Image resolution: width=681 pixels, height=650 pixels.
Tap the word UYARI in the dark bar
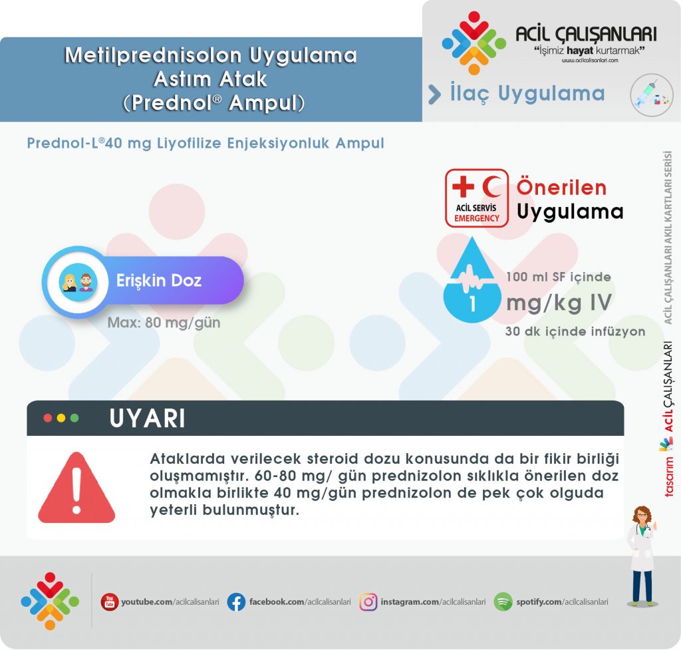147,418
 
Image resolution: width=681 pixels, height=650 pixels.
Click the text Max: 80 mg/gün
164,324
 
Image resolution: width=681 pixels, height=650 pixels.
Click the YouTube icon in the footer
109,602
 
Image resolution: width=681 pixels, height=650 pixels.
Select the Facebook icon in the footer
236,602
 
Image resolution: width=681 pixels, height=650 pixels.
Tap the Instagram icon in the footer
368,602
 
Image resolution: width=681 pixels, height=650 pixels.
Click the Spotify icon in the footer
503,602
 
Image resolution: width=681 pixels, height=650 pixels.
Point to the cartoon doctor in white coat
642,555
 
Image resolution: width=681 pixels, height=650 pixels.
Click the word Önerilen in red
561,188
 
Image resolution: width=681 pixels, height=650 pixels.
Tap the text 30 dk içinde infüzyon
575,331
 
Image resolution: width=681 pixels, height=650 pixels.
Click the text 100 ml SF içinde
558,277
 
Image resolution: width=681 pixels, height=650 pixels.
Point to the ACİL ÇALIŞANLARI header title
586,35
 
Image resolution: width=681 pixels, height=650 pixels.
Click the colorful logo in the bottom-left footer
49,601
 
